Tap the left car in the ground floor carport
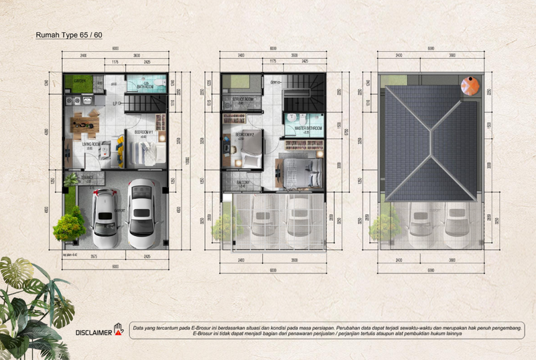click(105, 213)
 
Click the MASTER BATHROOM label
click(308, 128)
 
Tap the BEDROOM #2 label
click(246, 135)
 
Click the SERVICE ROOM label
click(242, 99)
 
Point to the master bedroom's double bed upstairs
click(296, 172)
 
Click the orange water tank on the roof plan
click(470, 85)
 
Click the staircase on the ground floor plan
click(146, 104)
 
